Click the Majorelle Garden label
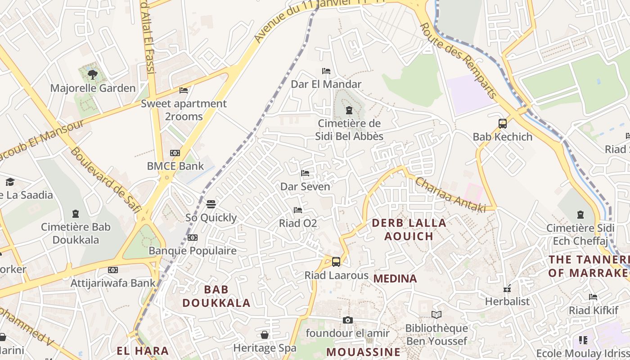[x=93, y=88]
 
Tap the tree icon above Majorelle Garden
[x=93, y=74]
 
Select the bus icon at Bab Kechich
[x=502, y=123]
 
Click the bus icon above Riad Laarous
[x=336, y=261]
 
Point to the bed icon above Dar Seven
[x=305, y=173]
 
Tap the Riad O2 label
[x=298, y=223]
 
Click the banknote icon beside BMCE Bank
[x=175, y=153]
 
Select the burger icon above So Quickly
[x=211, y=204]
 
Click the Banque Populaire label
[x=193, y=251]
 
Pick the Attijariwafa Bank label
[x=113, y=283]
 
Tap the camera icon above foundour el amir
[x=347, y=320]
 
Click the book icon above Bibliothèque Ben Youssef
[x=436, y=315]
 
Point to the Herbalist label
[x=507, y=301]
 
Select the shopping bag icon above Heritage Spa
[x=265, y=335]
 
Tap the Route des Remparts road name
[x=459, y=61]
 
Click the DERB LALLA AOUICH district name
[x=409, y=229]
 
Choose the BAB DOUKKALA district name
[x=216, y=296]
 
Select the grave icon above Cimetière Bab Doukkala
[x=76, y=213]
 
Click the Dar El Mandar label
[x=326, y=84]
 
